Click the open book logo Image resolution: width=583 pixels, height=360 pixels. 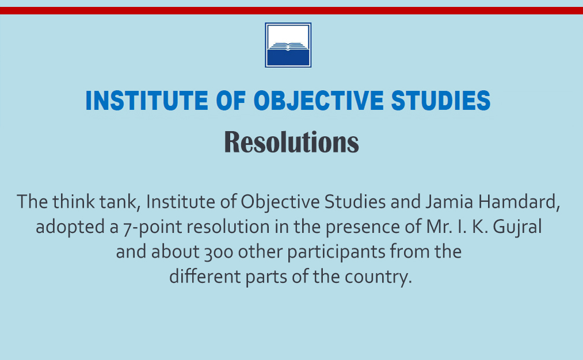coord(288,45)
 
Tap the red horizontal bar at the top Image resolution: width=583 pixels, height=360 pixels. coord(291,10)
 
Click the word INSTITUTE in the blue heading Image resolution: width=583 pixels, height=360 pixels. coord(147,101)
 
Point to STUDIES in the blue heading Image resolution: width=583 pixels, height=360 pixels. coord(441,101)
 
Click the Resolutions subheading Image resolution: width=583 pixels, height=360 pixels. coord(291,141)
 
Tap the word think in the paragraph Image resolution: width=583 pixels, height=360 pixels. coord(74,202)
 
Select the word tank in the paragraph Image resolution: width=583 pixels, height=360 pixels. coord(120,202)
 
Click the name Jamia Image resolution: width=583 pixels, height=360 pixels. coord(449,202)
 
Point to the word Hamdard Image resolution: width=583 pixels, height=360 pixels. coord(519,202)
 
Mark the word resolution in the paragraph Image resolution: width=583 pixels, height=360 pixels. coord(228,227)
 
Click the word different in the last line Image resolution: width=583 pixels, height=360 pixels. coord(205,277)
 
